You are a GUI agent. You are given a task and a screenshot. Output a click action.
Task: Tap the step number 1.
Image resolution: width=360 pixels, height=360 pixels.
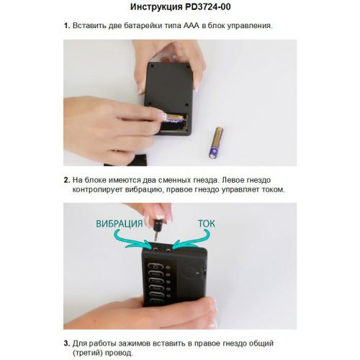point(66,26)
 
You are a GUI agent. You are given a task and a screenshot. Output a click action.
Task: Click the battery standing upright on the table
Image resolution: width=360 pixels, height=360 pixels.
point(215,143)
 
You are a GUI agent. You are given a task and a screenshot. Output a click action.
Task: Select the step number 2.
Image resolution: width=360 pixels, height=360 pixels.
point(66,179)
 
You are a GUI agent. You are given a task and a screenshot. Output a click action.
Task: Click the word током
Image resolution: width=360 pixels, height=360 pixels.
point(270,189)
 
